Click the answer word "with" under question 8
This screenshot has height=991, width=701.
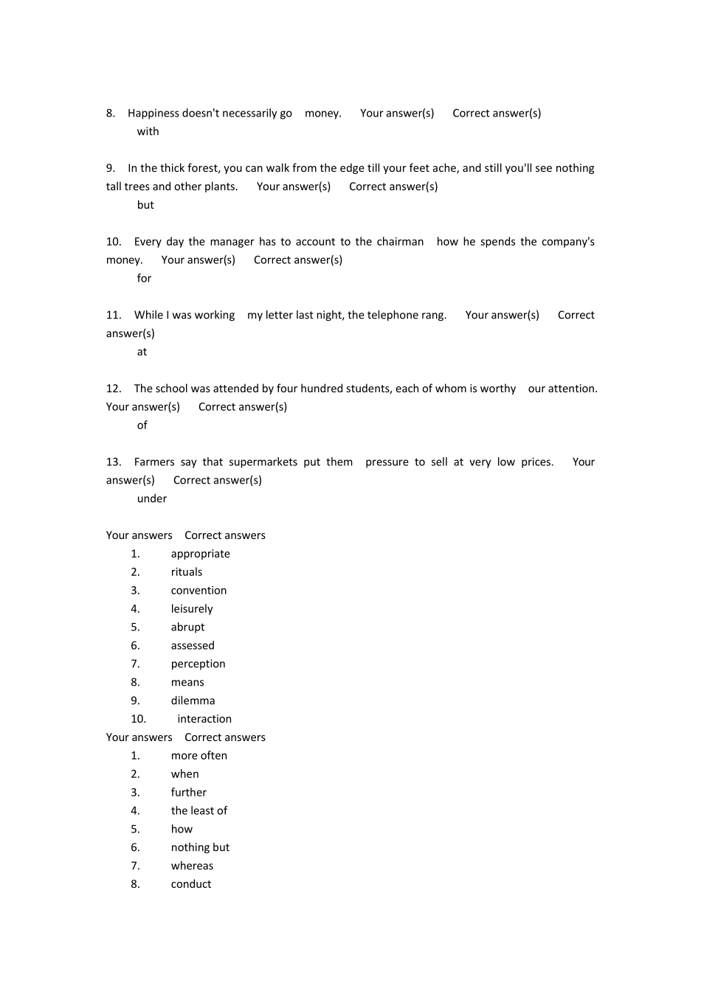(x=148, y=131)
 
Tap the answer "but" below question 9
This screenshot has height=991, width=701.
(x=145, y=205)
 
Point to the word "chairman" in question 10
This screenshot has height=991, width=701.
(x=400, y=242)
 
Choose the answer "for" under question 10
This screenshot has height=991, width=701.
(x=144, y=278)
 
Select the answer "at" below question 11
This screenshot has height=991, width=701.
(x=142, y=352)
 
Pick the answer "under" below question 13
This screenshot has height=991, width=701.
(x=152, y=498)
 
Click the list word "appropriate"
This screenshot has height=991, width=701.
(x=200, y=554)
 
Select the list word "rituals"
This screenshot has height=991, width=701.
(x=186, y=572)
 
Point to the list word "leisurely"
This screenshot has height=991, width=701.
(x=192, y=609)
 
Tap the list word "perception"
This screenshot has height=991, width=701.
(x=198, y=664)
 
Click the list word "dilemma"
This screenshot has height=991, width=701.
(x=193, y=700)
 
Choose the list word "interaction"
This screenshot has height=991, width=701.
(x=204, y=719)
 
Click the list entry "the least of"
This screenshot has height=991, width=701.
(x=199, y=810)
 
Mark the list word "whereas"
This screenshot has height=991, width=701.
(x=192, y=866)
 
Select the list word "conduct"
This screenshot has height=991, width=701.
(x=191, y=884)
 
